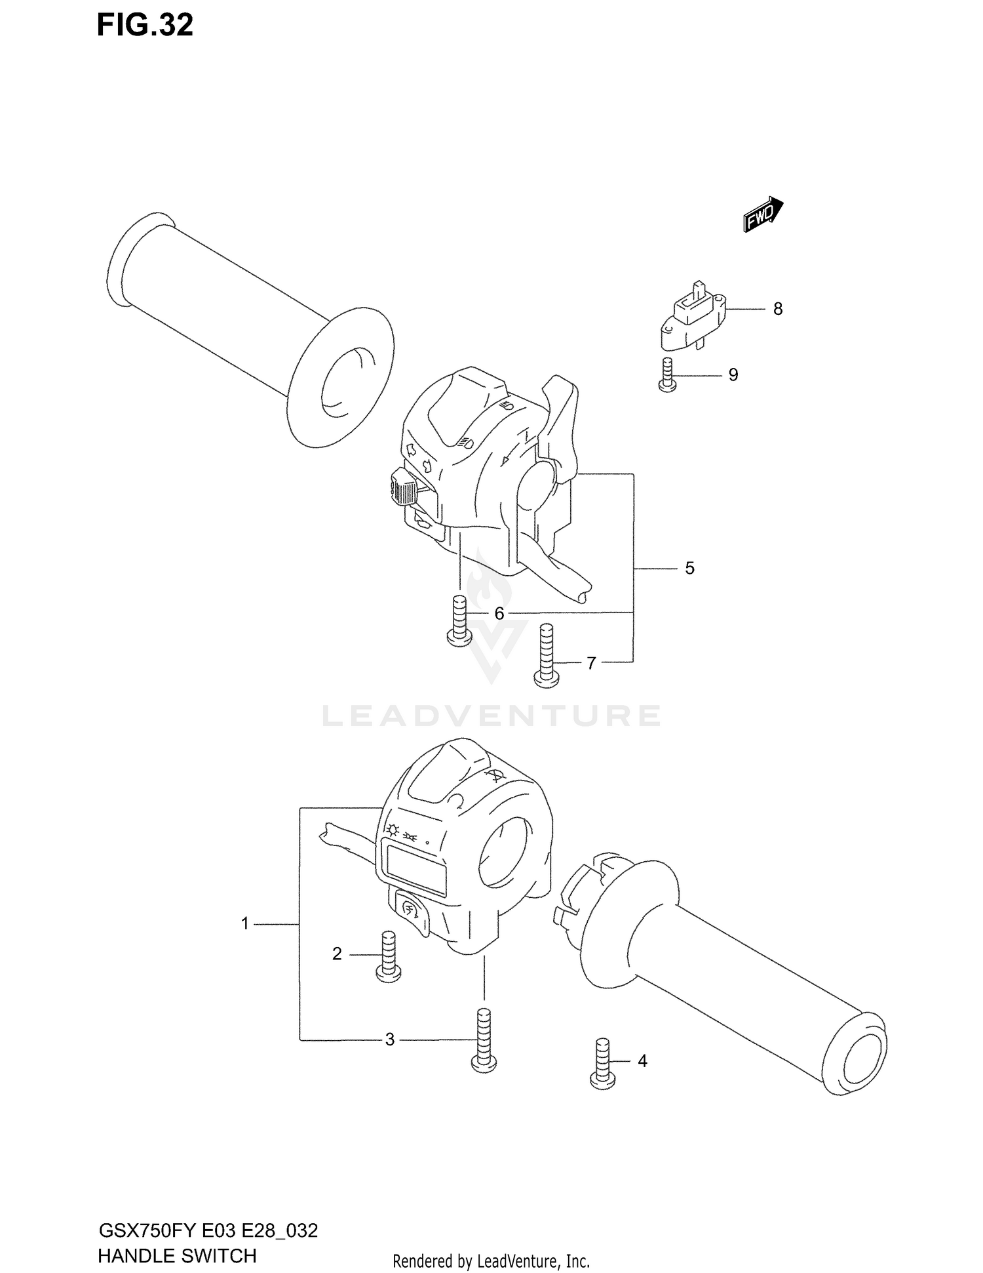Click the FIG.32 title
click(x=145, y=25)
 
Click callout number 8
click(x=778, y=309)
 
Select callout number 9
click(x=733, y=374)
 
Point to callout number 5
click(x=689, y=568)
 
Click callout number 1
click(x=245, y=924)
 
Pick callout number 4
click(x=642, y=1061)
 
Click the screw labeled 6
click(x=459, y=618)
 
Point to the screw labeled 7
click(x=547, y=655)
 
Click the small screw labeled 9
click(x=667, y=376)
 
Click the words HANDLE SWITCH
click(x=176, y=1256)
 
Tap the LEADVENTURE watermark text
click(x=491, y=716)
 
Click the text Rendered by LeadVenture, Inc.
click(x=491, y=1261)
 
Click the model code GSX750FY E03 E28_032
click(x=208, y=1230)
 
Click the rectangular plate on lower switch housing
click(x=416, y=870)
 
